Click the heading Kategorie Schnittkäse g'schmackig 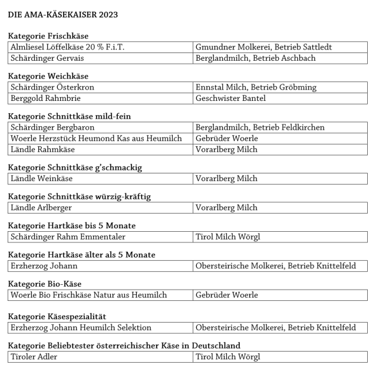[x=75, y=168]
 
